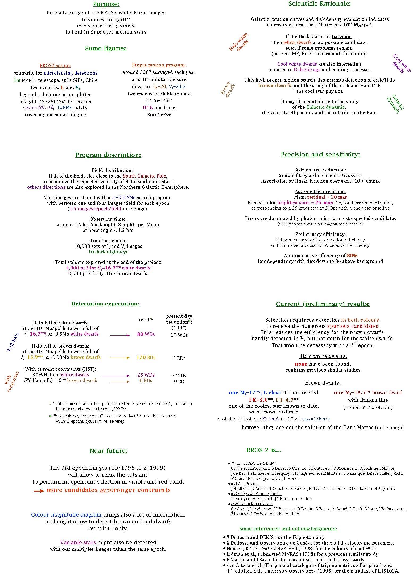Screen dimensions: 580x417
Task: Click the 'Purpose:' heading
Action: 106,4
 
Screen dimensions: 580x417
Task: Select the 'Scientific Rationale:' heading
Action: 319,3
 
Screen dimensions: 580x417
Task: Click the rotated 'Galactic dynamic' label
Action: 395,104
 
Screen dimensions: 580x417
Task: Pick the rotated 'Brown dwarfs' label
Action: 228,89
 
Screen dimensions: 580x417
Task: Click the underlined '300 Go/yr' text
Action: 159,115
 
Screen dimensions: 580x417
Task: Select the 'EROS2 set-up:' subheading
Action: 55,66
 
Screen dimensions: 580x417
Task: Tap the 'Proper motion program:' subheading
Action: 159,65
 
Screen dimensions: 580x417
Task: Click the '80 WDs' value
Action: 146,334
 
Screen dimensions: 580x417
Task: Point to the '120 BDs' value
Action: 146,357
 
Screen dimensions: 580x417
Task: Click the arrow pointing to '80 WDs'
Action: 120,335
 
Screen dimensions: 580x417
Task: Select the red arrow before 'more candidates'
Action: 39,491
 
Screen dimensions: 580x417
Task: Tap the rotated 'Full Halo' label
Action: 13,342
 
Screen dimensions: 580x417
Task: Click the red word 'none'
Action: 301,364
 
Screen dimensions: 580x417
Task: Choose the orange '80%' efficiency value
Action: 352,256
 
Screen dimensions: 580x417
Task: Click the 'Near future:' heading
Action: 108,451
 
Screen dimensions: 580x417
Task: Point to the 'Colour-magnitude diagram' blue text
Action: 66,515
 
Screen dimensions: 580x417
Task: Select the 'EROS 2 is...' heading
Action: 264,450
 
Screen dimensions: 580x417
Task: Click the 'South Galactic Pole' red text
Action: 144,176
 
